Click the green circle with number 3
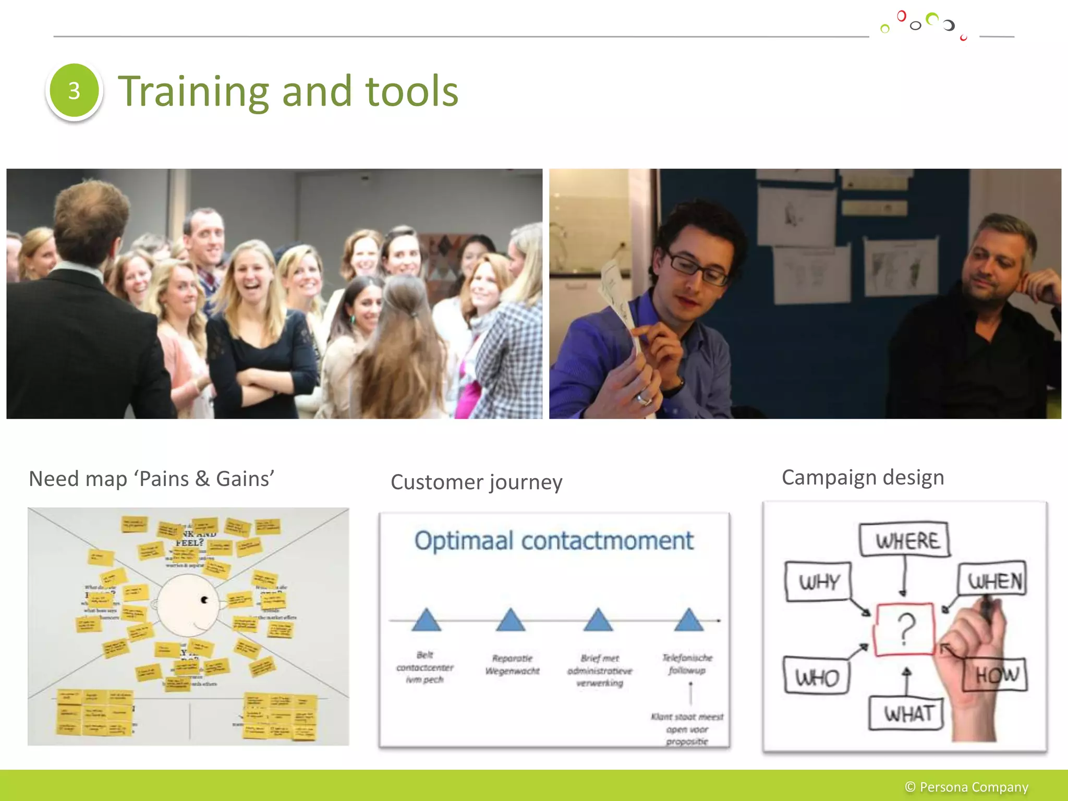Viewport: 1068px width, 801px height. [x=74, y=91]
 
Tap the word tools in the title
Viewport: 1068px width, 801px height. [x=412, y=92]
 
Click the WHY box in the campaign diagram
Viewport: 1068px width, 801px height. [x=818, y=581]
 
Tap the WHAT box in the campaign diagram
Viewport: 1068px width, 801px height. [x=907, y=713]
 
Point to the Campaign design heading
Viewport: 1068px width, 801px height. [x=863, y=478]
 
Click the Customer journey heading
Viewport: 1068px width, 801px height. [x=476, y=482]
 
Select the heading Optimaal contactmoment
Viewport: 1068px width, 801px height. [x=554, y=541]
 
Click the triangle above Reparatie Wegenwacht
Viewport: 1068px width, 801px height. [x=511, y=620]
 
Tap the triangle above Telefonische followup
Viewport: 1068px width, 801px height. [x=689, y=620]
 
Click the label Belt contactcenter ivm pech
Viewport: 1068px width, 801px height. [x=425, y=667]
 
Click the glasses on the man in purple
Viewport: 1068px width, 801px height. [x=699, y=268]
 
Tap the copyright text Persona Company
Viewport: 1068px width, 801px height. [x=966, y=787]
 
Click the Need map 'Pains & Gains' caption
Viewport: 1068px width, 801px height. [x=151, y=479]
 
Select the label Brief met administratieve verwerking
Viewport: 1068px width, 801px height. [x=600, y=671]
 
